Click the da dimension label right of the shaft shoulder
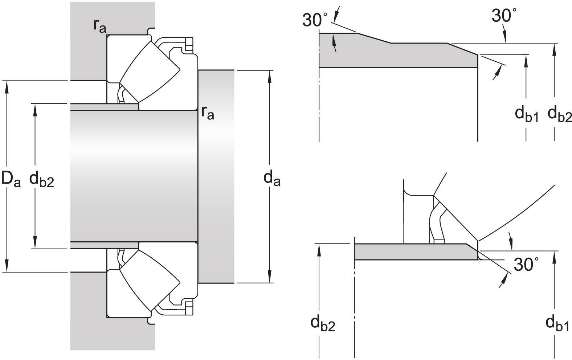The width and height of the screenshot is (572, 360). click(x=271, y=178)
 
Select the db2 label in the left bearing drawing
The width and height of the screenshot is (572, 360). click(x=41, y=179)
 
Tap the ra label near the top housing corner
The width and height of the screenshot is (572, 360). click(x=100, y=25)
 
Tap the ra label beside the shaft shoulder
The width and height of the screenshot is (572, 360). click(x=208, y=113)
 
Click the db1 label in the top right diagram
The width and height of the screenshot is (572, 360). click(x=527, y=114)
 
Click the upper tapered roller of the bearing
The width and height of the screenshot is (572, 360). click(x=150, y=71)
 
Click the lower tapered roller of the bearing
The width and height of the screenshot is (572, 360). click(x=150, y=281)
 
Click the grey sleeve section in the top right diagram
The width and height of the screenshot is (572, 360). click(x=396, y=54)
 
